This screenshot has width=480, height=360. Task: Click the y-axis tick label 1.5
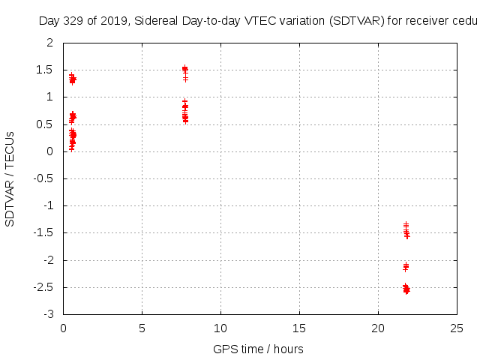[x=46, y=70]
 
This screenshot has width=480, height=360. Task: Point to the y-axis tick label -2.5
[x=43, y=287]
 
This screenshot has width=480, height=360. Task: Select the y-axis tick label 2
[x=50, y=43]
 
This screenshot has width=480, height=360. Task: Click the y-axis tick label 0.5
[x=46, y=124]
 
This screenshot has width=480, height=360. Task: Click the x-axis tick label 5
[x=142, y=328]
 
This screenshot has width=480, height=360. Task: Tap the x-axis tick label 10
[x=220, y=328]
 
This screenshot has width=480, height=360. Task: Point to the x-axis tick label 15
[x=299, y=328]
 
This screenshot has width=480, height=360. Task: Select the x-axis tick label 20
[x=378, y=328]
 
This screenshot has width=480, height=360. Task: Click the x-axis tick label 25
[x=457, y=328]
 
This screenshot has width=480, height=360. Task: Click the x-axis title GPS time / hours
[x=258, y=349]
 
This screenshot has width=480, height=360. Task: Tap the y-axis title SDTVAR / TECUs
[x=10, y=178]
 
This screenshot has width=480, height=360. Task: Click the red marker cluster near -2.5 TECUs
[x=406, y=289]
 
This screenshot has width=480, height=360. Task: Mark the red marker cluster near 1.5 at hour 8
[x=184, y=70]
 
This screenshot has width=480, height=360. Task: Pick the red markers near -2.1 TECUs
[x=406, y=266]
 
